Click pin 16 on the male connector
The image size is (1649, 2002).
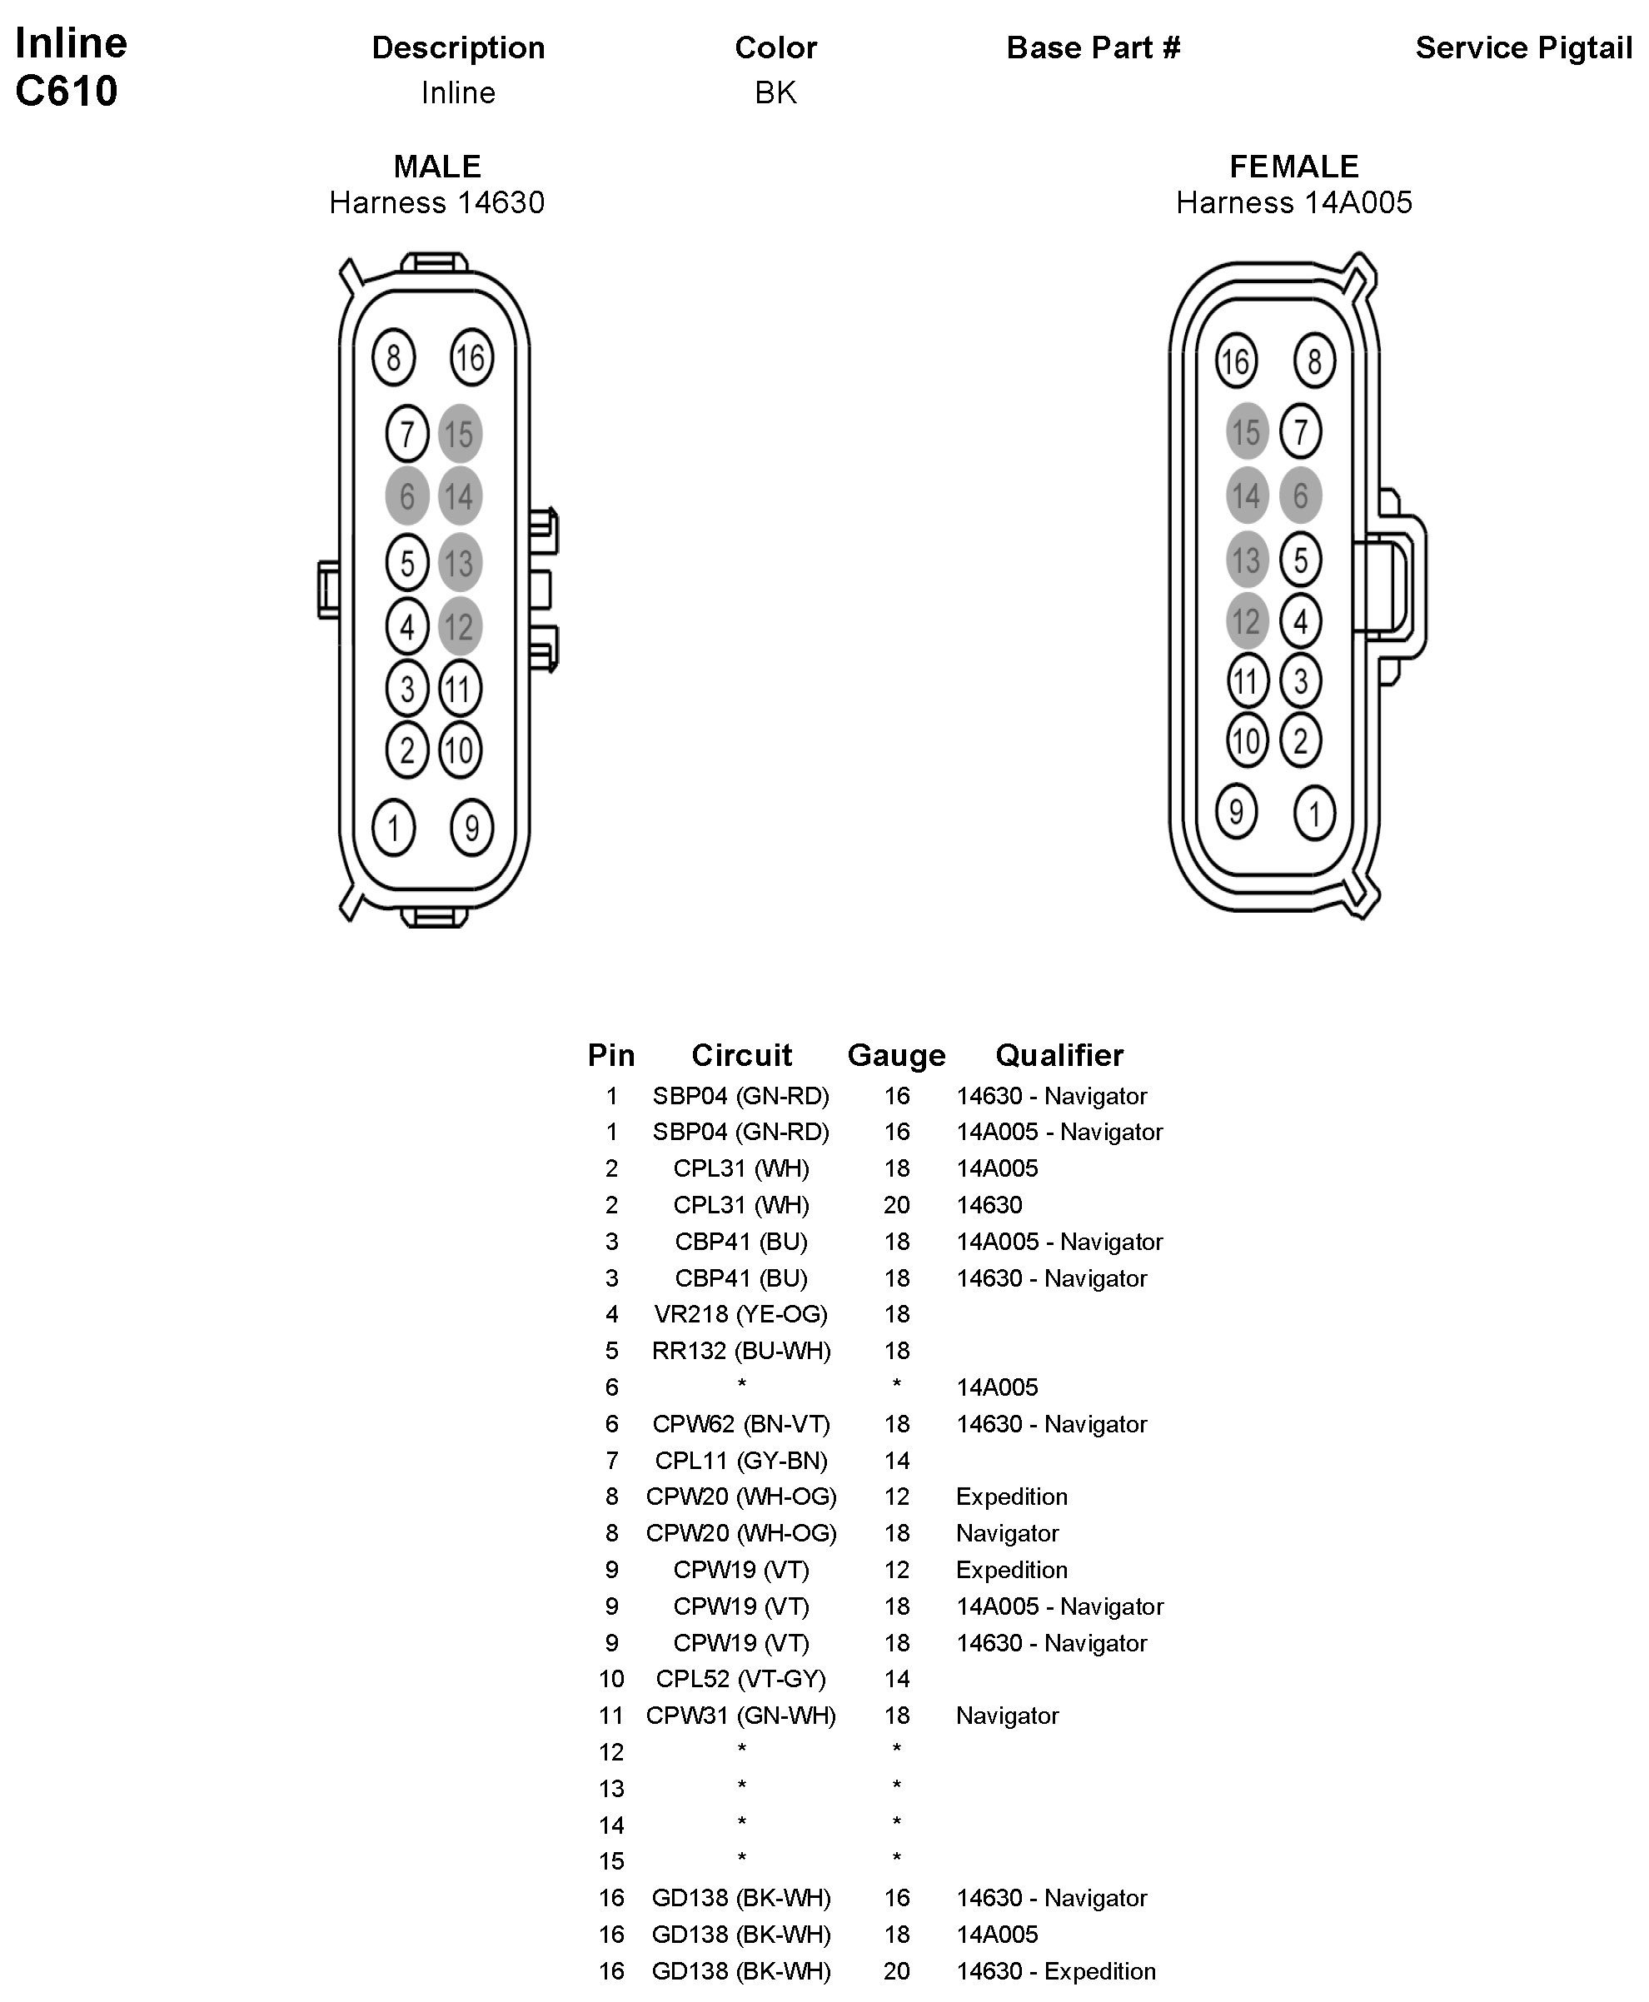[471, 357]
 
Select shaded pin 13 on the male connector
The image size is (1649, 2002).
[460, 563]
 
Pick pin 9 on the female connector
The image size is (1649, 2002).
[1236, 811]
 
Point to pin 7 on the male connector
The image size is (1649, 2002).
[407, 434]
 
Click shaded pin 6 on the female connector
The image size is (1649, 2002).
[1300, 495]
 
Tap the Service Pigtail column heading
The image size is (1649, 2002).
[1522, 47]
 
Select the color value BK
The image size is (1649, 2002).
[775, 93]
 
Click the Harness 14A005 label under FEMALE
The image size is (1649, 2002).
[1293, 202]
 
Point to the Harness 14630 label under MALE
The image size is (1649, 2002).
[437, 202]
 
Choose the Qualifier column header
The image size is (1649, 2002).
[1059, 1054]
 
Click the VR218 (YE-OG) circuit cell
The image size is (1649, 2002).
[741, 1313]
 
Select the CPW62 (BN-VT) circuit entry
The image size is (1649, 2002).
[741, 1423]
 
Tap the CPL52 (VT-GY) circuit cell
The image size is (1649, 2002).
[741, 1678]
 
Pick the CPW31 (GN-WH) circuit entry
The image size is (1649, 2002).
[741, 1716]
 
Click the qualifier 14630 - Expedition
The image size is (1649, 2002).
[1055, 1970]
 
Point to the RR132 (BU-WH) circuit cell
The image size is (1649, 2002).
[741, 1351]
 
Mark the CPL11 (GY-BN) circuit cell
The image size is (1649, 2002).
[741, 1460]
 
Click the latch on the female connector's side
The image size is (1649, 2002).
[1402, 585]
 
